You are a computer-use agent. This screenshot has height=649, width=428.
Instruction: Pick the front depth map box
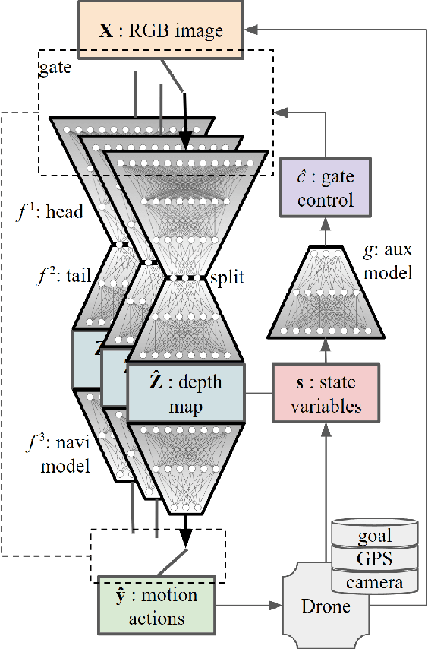(187, 393)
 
